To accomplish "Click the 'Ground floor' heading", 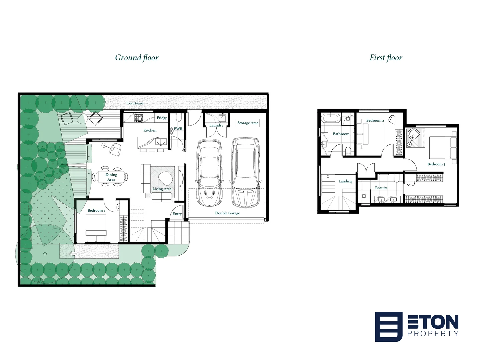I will point(137,58).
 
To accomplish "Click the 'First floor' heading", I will point(386,58).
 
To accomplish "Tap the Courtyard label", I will point(135,103).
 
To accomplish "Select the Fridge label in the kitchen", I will point(162,118).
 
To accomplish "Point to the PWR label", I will point(178,129).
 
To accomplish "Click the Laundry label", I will point(216,125).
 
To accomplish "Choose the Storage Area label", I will point(248,123).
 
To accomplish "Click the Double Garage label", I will point(227,213).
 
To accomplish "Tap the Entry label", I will point(177,214).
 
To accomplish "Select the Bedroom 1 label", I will point(96,210).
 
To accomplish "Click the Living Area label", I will point(162,189).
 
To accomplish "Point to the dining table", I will point(111,177).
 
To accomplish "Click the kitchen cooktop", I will point(139,118).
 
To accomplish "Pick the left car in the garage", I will point(209,172).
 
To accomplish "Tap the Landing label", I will point(345,181).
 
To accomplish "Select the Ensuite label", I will point(381,188).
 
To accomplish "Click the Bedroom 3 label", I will point(436,164).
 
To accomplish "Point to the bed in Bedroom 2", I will point(370,134).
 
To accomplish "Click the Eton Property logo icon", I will point(389,327).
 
